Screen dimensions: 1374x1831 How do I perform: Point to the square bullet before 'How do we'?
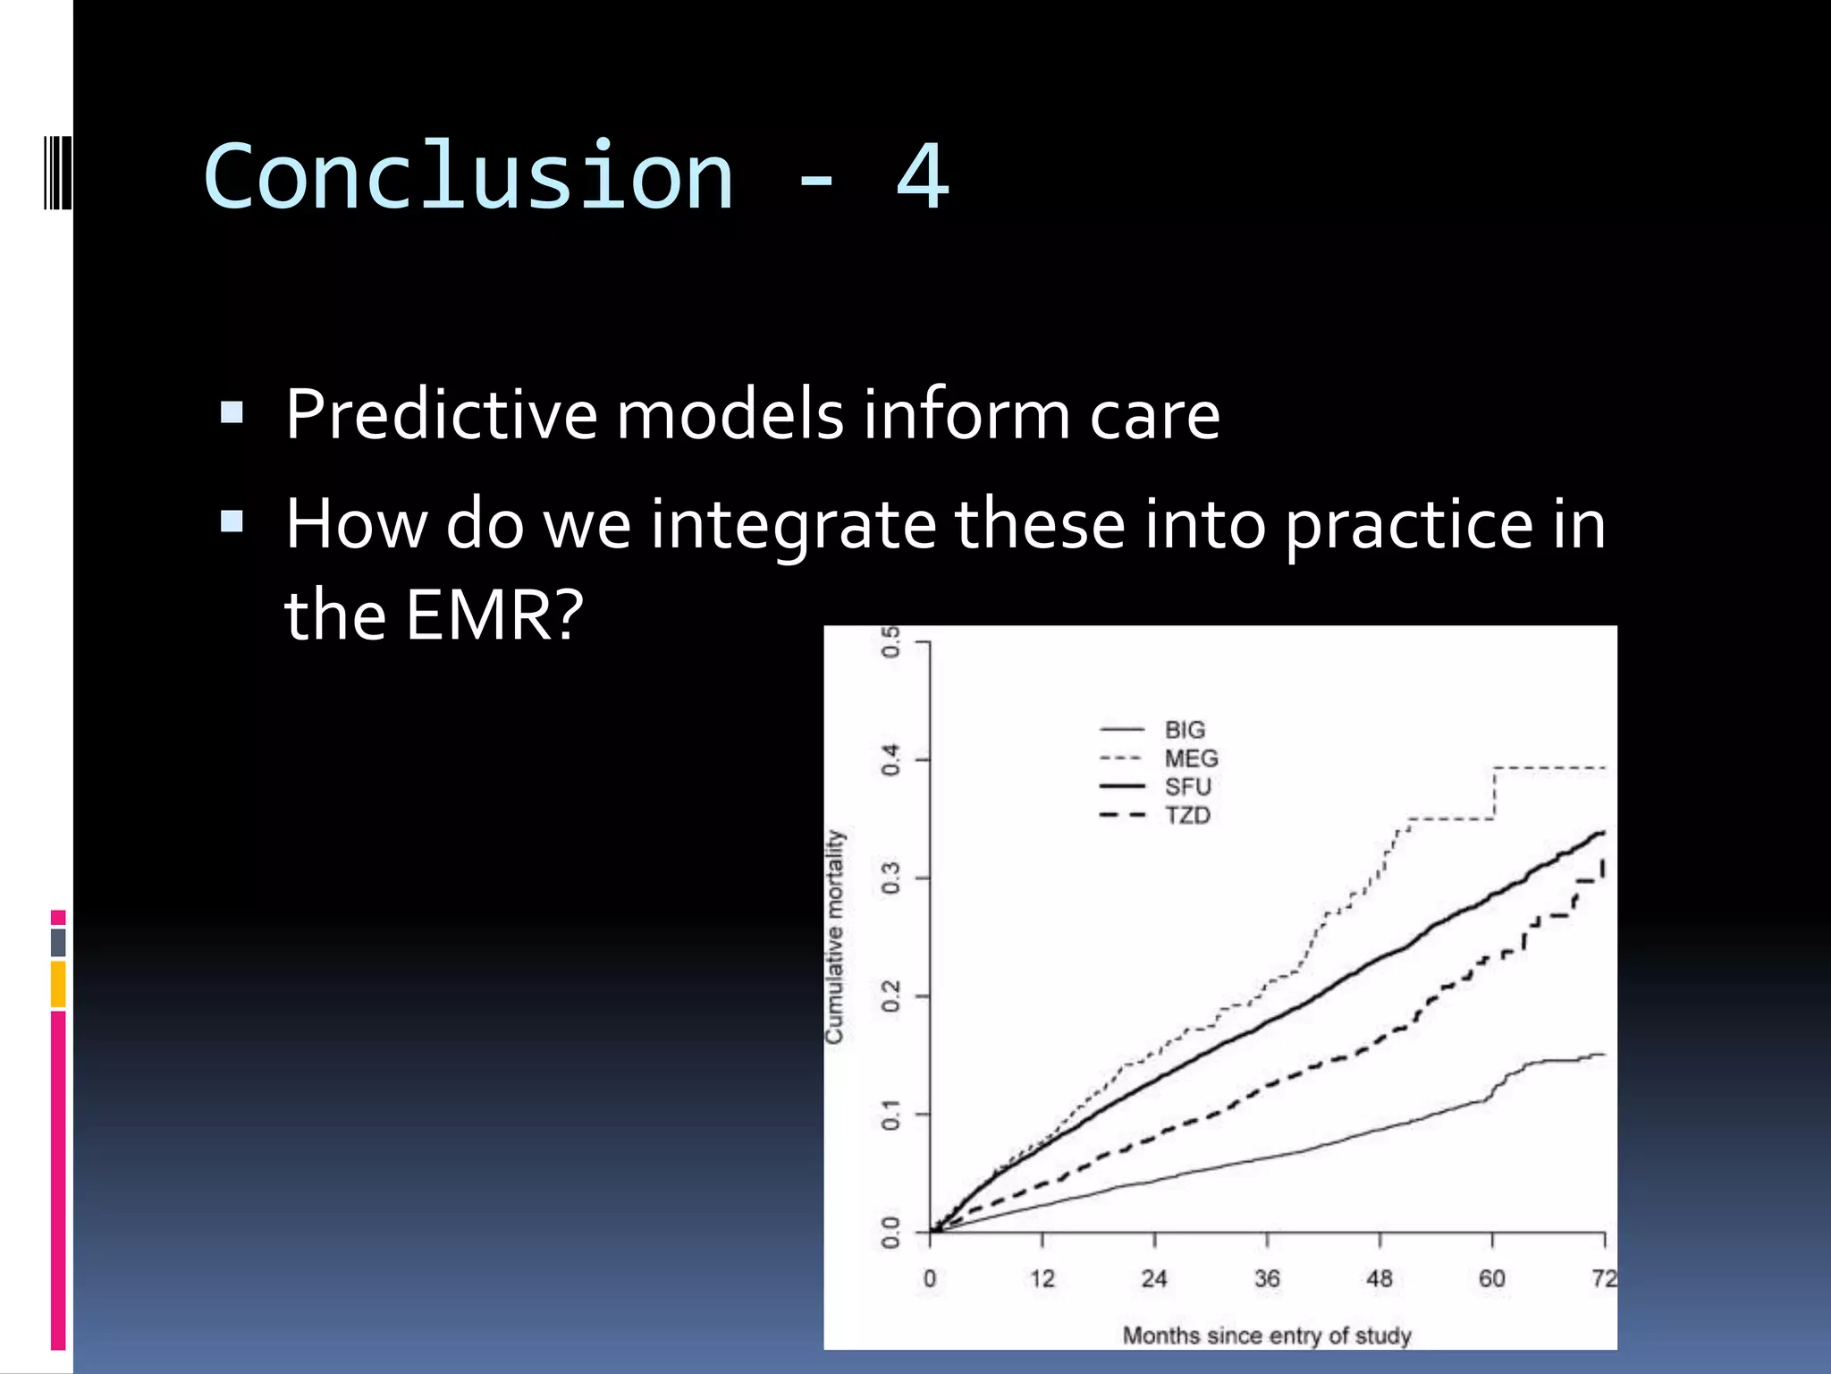tap(232, 522)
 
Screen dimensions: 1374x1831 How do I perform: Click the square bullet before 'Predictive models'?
tap(232, 412)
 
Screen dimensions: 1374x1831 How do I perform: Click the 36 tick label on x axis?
tap(1267, 1278)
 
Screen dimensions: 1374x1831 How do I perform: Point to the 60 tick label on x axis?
tap(1491, 1278)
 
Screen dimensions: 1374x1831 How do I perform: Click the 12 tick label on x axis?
tap(1042, 1278)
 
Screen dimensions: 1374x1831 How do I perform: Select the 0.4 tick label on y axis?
tap(890, 760)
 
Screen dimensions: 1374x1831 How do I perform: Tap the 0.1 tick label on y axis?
tap(890, 1115)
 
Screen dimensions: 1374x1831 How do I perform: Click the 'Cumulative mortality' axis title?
tap(834, 937)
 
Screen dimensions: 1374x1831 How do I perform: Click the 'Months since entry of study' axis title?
tap(1267, 1336)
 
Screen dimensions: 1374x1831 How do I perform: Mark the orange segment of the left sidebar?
tap(58, 984)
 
